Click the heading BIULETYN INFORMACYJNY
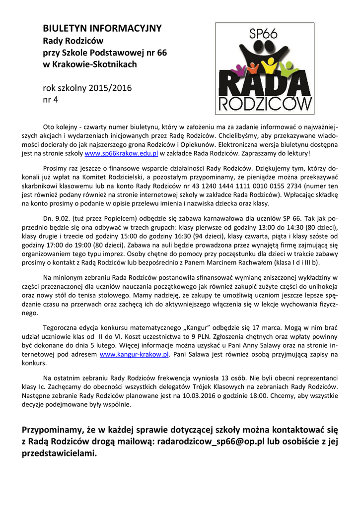pyautogui.click(x=102, y=28)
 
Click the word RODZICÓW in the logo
pyautogui.click(x=265, y=103)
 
